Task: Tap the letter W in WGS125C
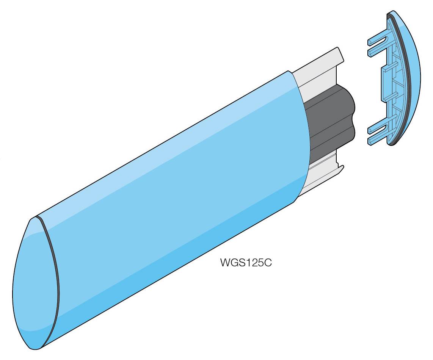pyautogui.click(x=225, y=263)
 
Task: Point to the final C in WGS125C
pyautogui.click(x=268, y=263)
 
